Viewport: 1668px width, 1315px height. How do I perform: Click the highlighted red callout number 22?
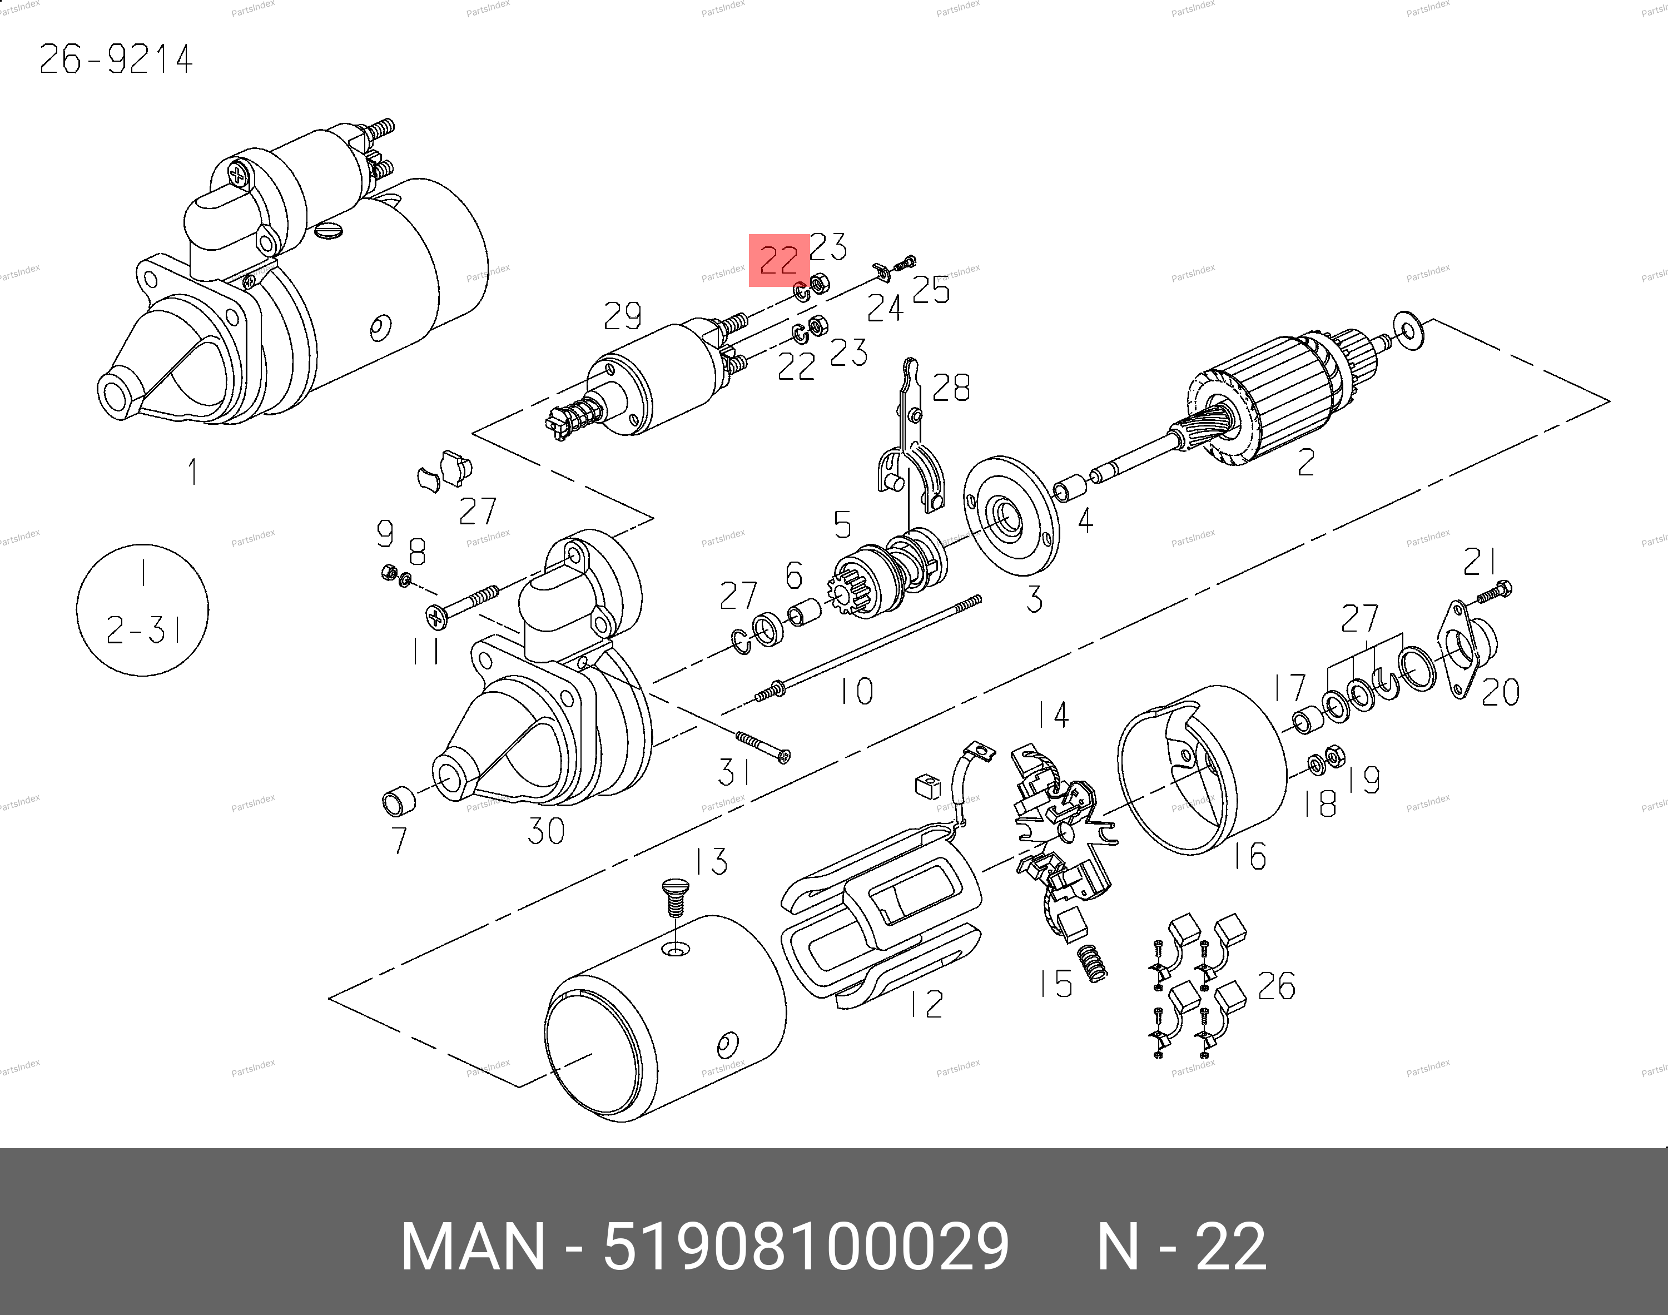tap(779, 260)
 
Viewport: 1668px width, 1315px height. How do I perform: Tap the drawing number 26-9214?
tap(116, 59)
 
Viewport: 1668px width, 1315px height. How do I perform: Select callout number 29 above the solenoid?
tap(623, 316)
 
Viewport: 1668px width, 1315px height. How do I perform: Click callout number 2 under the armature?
tap(1305, 462)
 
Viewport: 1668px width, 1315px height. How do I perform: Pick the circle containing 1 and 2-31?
tap(142, 610)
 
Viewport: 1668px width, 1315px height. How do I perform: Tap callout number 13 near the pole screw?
tap(711, 861)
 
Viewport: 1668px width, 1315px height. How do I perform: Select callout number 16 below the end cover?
tap(1250, 855)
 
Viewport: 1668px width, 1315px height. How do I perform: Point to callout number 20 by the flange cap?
tap(1500, 692)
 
